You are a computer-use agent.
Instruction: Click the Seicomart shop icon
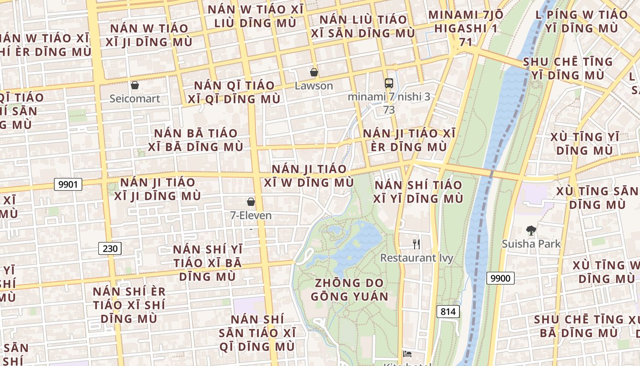pyautogui.click(x=134, y=85)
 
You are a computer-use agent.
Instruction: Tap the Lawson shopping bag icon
pyautogui.click(x=314, y=72)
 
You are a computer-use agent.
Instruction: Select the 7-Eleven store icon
pyautogui.click(x=251, y=202)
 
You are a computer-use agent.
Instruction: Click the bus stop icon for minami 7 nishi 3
pyautogui.click(x=389, y=83)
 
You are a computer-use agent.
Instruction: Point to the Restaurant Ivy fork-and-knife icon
pyautogui.click(x=416, y=244)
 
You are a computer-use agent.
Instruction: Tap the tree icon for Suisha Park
pyautogui.click(x=531, y=230)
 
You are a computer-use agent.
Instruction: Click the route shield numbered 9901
pyautogui.click(x=68, y=184)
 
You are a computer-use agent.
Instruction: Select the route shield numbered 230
pyautogui.click(x=110, y=249)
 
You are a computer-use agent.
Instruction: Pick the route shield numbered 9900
pyautogui.click(x=500, y=278)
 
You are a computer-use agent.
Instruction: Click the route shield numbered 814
pyautogui.click(x=448, y=312)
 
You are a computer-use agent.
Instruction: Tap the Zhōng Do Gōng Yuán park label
pyautogui.click(x=350, y=290)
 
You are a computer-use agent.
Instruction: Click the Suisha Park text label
pyautogui.click(x=531, y=244)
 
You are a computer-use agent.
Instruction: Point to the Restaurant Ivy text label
pyautogui.click(x=416, y=258)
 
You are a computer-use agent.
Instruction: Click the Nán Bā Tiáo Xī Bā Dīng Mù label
pyautogui.click(x=196, y=140)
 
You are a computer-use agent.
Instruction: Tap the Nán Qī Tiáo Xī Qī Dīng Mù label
pyautogui.click(x=234, y=92)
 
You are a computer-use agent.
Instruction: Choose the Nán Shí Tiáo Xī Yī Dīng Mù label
pyautogui.click(x=418, y=192)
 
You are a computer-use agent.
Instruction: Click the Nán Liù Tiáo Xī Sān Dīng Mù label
pyautogui.click(x=363, y=26)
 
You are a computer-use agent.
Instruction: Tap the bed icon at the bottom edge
pyautogui.click(x=407, y=354)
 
